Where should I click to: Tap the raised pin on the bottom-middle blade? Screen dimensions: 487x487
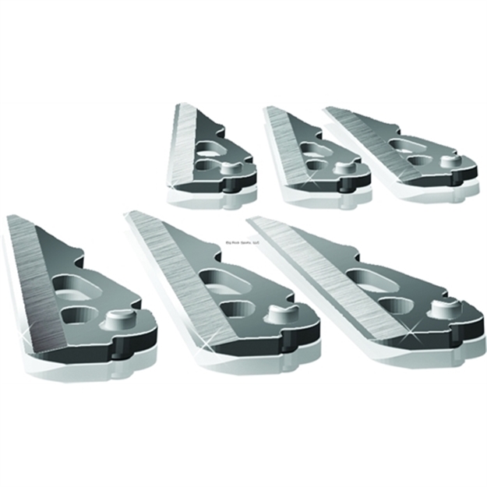coord(277,313)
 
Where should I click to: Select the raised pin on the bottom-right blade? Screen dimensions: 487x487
coord(444,308)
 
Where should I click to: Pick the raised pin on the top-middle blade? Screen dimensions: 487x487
coord(343,168)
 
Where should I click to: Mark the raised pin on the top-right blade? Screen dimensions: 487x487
coord(448,161)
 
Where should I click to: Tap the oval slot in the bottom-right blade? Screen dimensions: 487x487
coord(366,277)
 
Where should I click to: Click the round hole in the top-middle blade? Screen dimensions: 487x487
coord(316,164)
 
